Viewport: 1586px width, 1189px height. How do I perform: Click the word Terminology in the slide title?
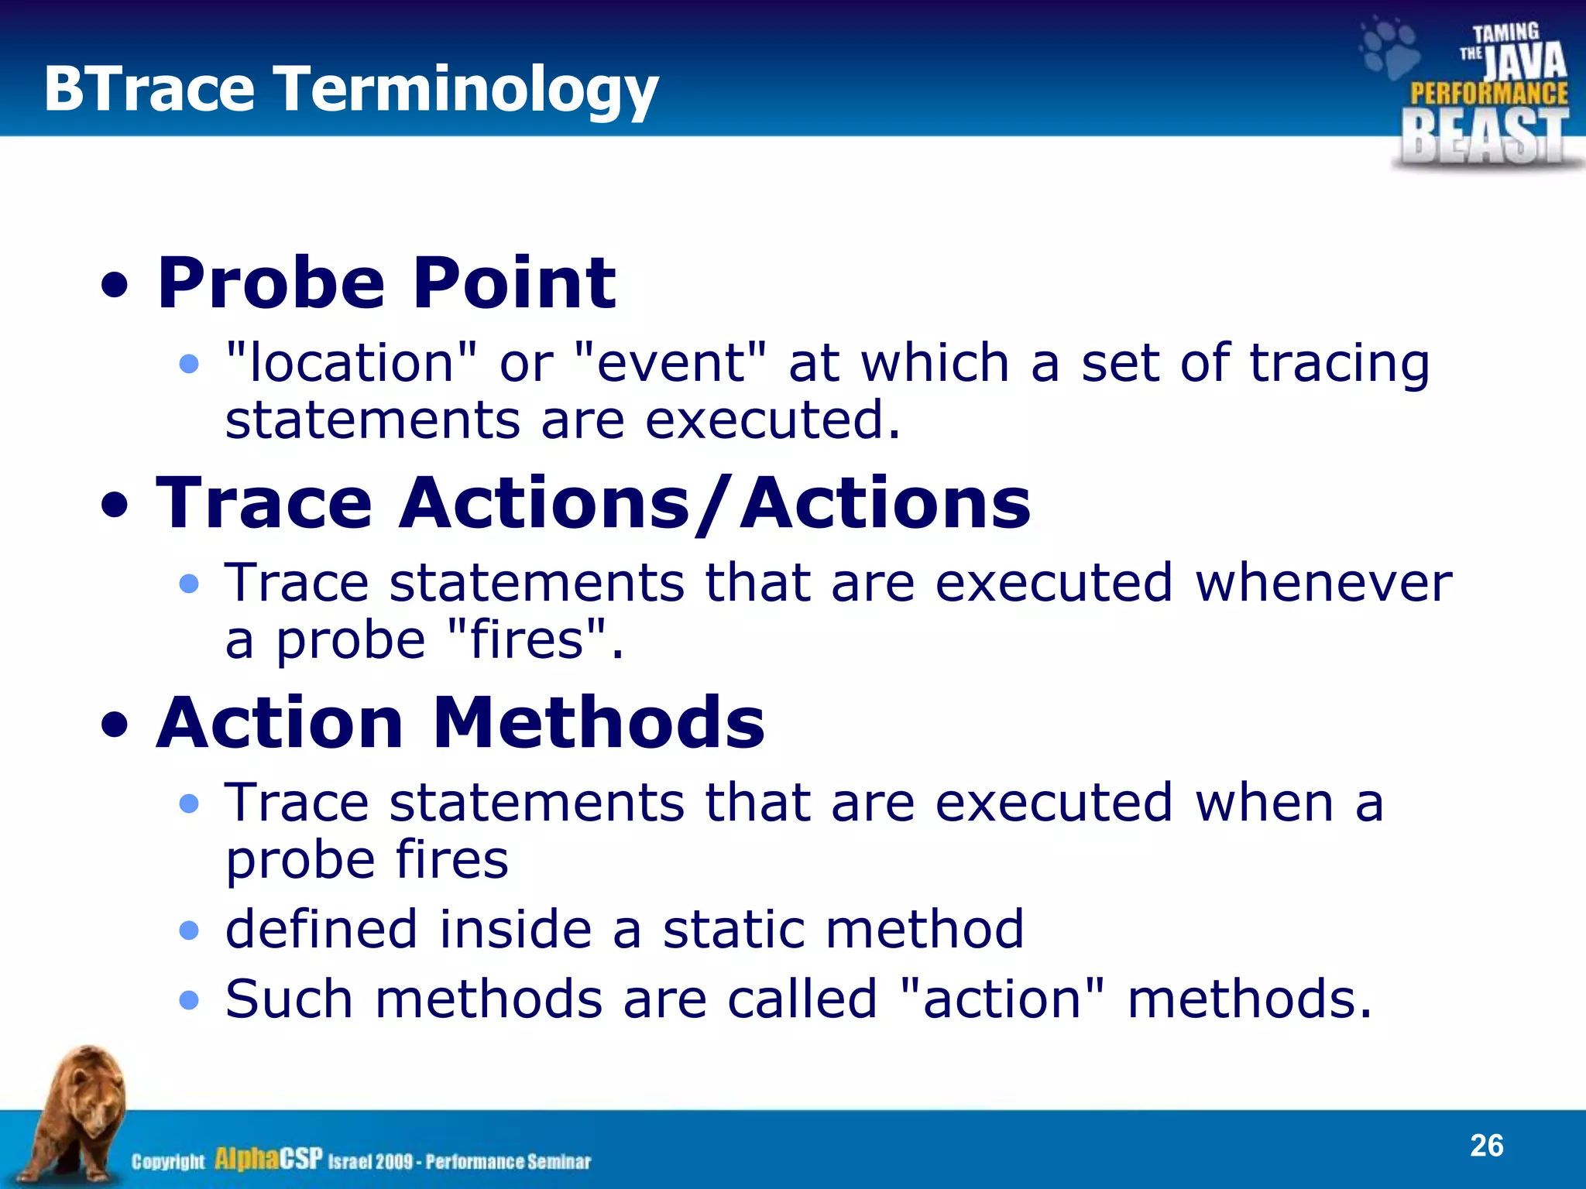coord(466,90)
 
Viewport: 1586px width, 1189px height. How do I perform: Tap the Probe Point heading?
coord(386,283)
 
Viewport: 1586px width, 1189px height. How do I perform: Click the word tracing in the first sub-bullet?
coord(1339,364)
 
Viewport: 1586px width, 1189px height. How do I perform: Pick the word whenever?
coord(1323,582)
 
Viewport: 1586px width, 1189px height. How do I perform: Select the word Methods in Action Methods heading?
coord(598,723)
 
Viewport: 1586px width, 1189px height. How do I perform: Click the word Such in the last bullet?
coord(289,999)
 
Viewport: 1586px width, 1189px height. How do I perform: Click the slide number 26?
coord(1486,1146)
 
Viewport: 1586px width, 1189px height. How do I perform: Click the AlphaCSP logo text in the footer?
coord(268,1159)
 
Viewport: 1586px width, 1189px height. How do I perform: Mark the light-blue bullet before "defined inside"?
coord(189,930)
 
